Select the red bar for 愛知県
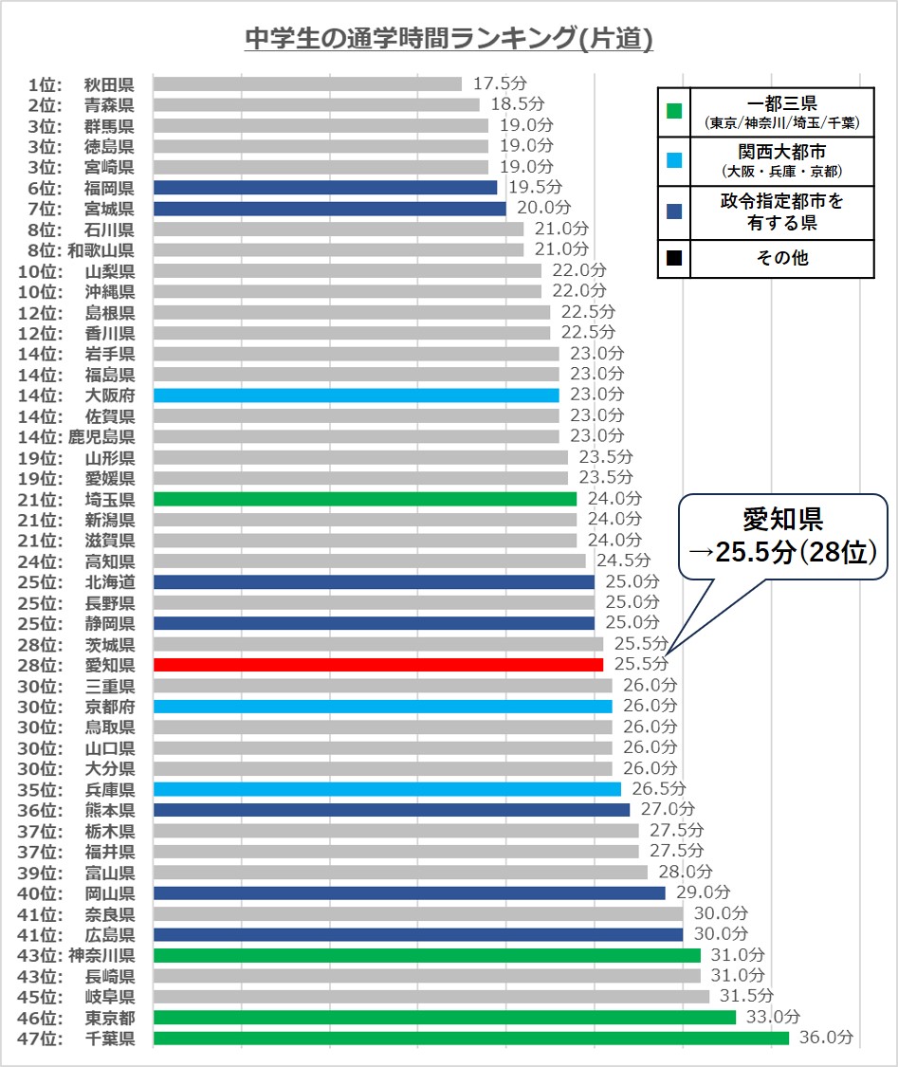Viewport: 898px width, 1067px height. [377, 665]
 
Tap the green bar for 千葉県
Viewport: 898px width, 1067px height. [470, 1039]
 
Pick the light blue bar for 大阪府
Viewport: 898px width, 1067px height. [356, 395]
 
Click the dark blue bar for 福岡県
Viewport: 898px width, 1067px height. [324, 188]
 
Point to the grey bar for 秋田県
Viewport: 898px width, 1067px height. [307, 83]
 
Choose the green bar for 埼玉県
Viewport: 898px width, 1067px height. [364, 499]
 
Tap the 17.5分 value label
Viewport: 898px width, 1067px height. [499, 83]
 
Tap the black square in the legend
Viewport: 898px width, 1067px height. [673, 257]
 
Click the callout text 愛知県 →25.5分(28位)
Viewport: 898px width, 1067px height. [782, 535]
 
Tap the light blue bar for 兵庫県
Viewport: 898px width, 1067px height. [387, 789]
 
